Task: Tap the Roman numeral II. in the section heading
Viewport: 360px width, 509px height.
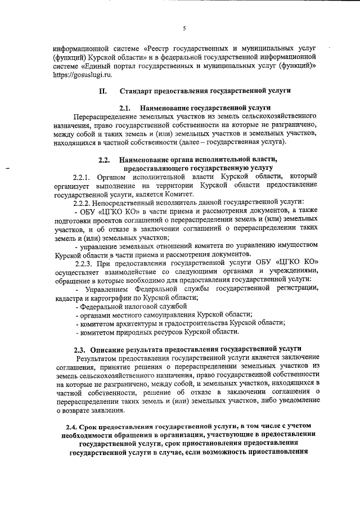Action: (x=102, y=91)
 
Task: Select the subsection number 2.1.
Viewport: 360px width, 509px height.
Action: (x=124, y=107)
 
